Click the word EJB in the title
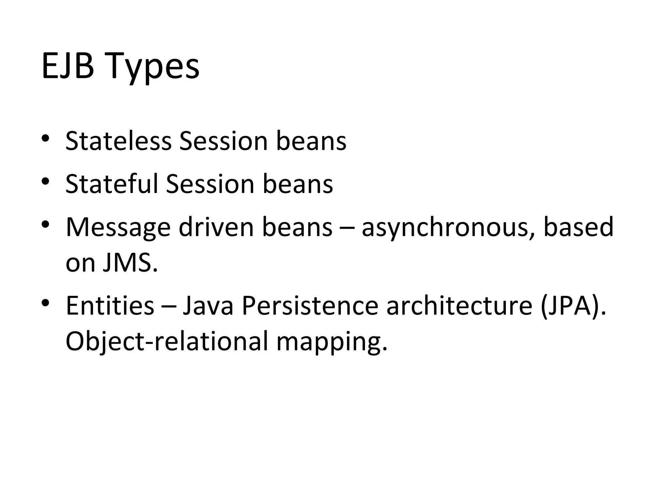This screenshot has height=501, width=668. point(68,66)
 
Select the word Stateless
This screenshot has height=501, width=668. point(118,141)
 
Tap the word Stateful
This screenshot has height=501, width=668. point(112,184)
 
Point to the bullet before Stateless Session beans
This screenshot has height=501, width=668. point(45,139)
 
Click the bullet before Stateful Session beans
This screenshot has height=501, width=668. point(45,181)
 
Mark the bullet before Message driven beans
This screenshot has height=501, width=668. point(45,224)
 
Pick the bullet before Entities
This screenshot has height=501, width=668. point(45,303)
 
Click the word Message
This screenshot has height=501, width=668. point(118,227)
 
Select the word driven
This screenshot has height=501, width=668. point(216,227)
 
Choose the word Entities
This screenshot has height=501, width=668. point(110,306)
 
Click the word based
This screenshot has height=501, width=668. point(578,227)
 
